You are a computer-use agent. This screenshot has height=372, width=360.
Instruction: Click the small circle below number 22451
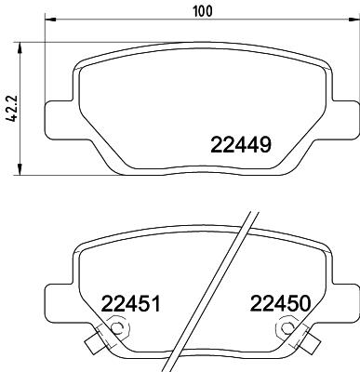pyautogui.click(x=115, y=331)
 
